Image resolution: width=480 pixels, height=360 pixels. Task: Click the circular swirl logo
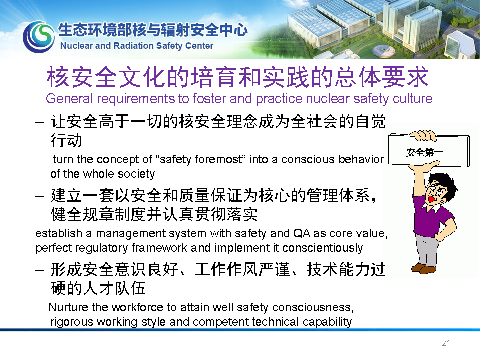coord(39,37)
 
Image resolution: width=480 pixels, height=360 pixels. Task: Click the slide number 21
coord(446,343)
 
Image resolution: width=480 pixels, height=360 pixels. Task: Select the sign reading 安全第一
coord(428,151)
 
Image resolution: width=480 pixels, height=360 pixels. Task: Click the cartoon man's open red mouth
coord(432,199)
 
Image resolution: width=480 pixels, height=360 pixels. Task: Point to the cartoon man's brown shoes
coord(424,268)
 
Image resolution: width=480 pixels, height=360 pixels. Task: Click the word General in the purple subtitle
coord(69,99)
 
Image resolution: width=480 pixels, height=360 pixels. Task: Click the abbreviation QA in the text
coord(302,233)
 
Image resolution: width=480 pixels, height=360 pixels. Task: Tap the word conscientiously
coord(322,248)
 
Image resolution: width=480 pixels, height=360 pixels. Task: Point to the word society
coord(136,174)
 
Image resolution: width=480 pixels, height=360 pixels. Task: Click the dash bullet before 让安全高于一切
coord(40,123)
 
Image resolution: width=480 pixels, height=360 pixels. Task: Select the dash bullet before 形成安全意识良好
coord(40,270)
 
